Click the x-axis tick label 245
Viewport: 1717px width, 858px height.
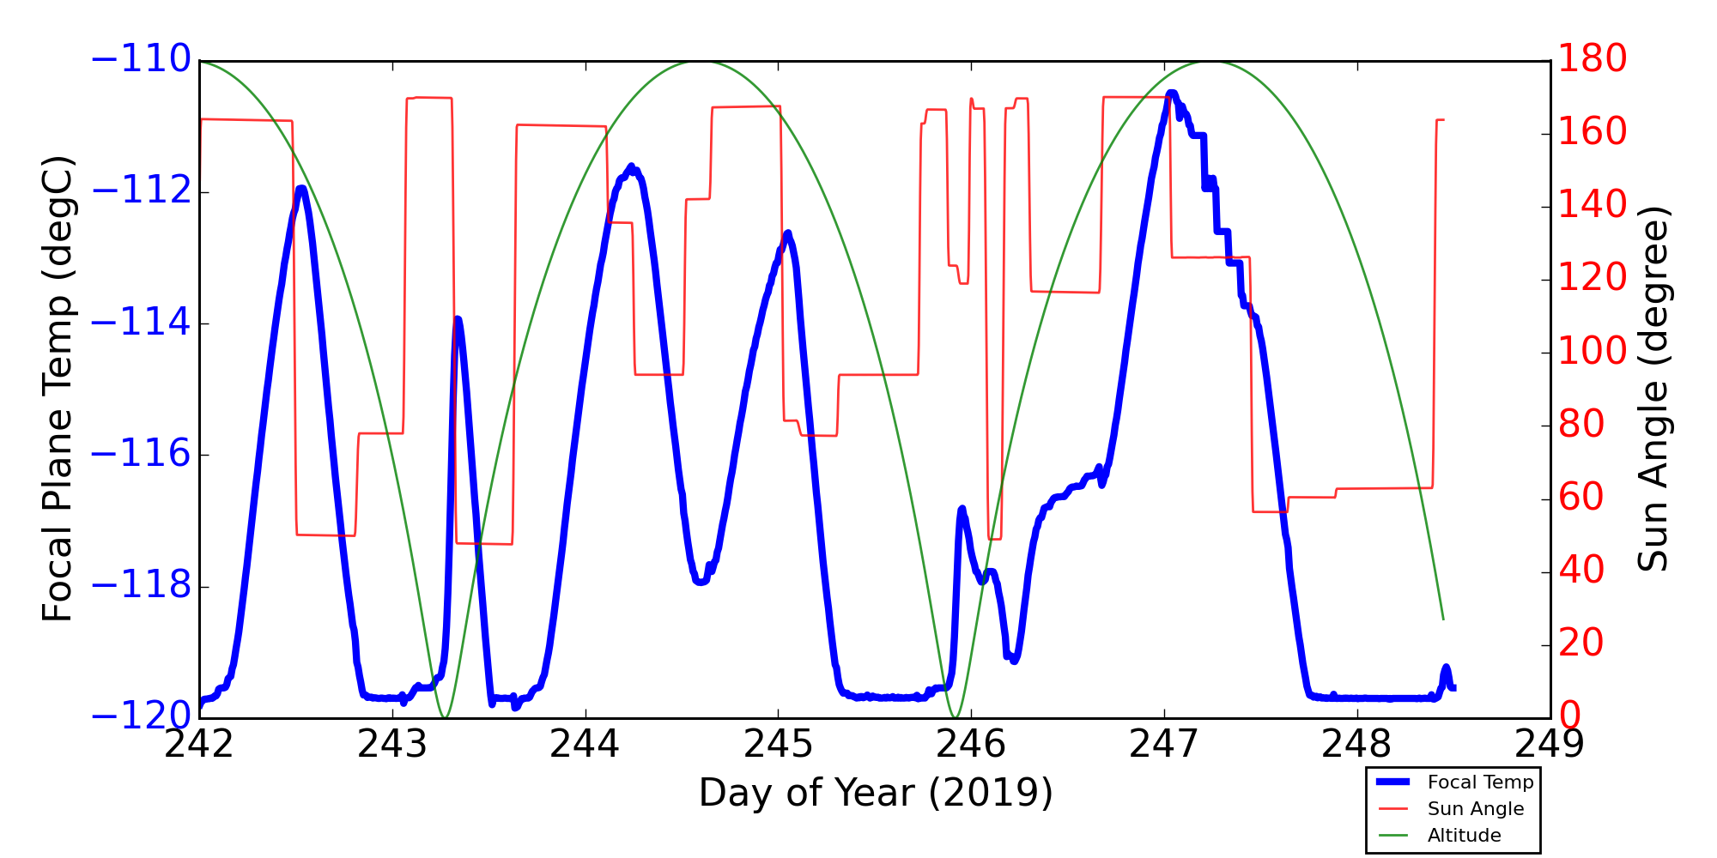pos(778,745)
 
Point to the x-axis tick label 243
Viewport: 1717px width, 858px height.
pos(392,745)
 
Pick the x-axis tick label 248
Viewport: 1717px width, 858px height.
pos(1356,745)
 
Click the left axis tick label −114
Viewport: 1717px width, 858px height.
pos(141,323)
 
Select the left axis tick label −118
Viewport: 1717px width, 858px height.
pos(141,587)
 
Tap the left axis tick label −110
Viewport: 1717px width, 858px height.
pos(141,60)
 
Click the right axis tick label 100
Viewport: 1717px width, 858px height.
pos(1593,351)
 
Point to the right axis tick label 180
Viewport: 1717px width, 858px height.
pos(1593,59)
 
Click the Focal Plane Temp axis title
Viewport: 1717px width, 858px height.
pos(58,388)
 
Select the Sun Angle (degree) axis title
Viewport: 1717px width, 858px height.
pos(1653,388)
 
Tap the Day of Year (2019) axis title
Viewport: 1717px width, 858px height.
pos(876,793)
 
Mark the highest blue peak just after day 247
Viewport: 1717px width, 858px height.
pos(1172,92)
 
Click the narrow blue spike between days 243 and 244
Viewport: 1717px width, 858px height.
pos(458,319)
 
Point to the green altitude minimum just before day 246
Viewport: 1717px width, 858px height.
pos(954,716)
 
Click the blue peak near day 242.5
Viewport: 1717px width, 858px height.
pos(300,188)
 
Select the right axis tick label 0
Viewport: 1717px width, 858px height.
pos(1570,716)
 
